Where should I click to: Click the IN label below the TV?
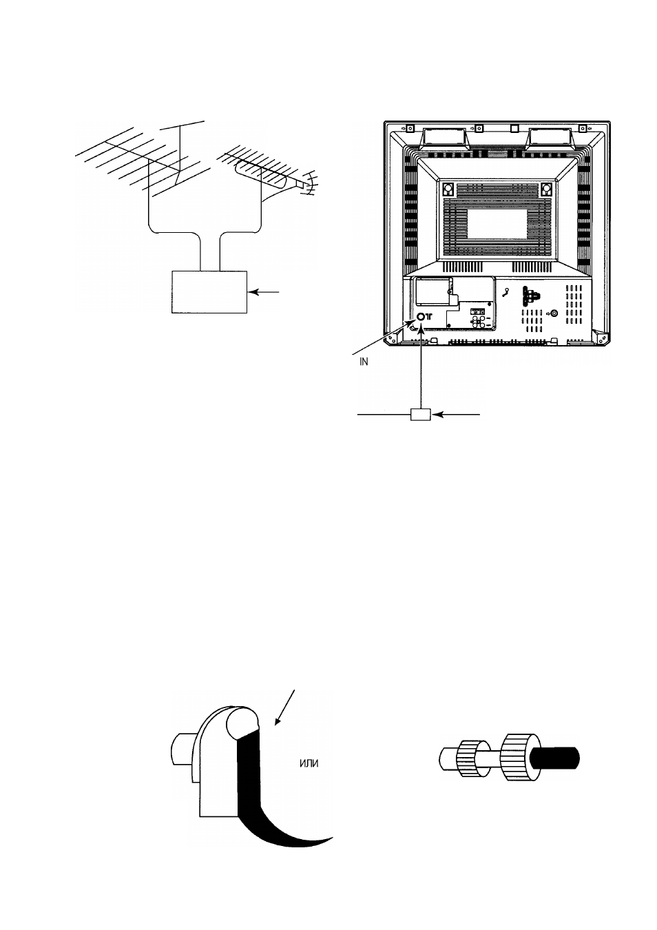364,362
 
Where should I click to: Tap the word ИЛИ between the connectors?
309,763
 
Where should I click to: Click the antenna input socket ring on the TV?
420,317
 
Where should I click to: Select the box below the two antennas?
209,292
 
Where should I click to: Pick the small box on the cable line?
420,414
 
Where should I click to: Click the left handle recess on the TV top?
444,138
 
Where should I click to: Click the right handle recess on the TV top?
550,138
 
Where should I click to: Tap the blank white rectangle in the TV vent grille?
497,224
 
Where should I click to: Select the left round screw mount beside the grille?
448,189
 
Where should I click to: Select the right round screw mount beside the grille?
547,189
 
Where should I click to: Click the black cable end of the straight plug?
555,757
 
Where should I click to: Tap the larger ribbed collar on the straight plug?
517,757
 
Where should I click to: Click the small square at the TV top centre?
514,127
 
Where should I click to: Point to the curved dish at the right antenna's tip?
309,183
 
